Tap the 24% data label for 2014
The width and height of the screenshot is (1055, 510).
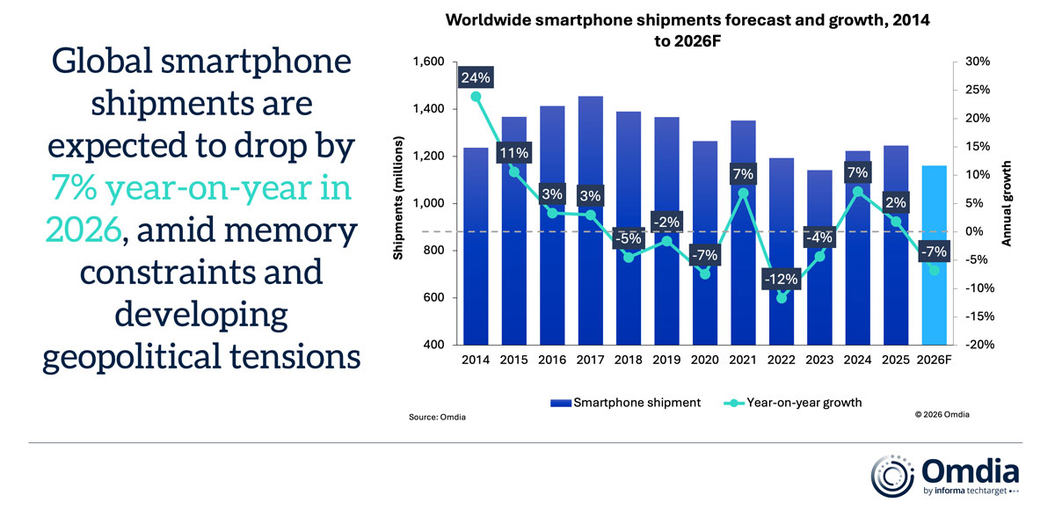pyautogui.click(x=476, y=77)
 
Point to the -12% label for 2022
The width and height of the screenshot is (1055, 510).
pyautogui.click(x=780, y=280)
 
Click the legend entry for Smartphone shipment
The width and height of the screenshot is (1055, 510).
pyautogui.click(x=625, y=403)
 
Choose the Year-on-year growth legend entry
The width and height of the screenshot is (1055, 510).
pyautogui.click(x=791, y=403)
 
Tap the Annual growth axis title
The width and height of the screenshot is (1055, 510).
pyautogui.click(x=1008, y=203)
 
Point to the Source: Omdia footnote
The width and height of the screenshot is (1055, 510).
pyautogui.click(x=437, y=416)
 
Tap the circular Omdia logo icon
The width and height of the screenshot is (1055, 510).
pyautogui.click(x=891, y=475)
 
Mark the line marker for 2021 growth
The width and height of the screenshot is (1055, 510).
pyautogui.click(x=743, y=193)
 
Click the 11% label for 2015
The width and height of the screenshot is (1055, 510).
pyautogui.click(x=514, y=153)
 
